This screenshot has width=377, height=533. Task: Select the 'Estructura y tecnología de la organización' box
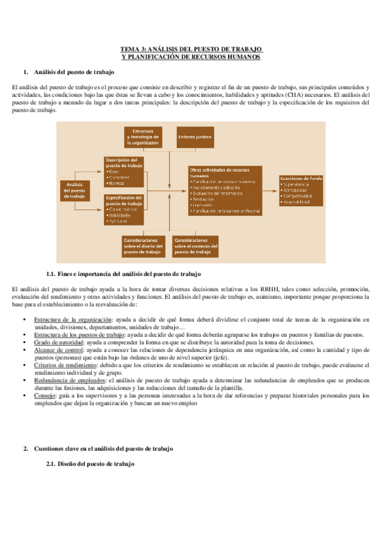(x=143, y=136)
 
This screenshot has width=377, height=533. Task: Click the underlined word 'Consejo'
(x=44, y=396)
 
